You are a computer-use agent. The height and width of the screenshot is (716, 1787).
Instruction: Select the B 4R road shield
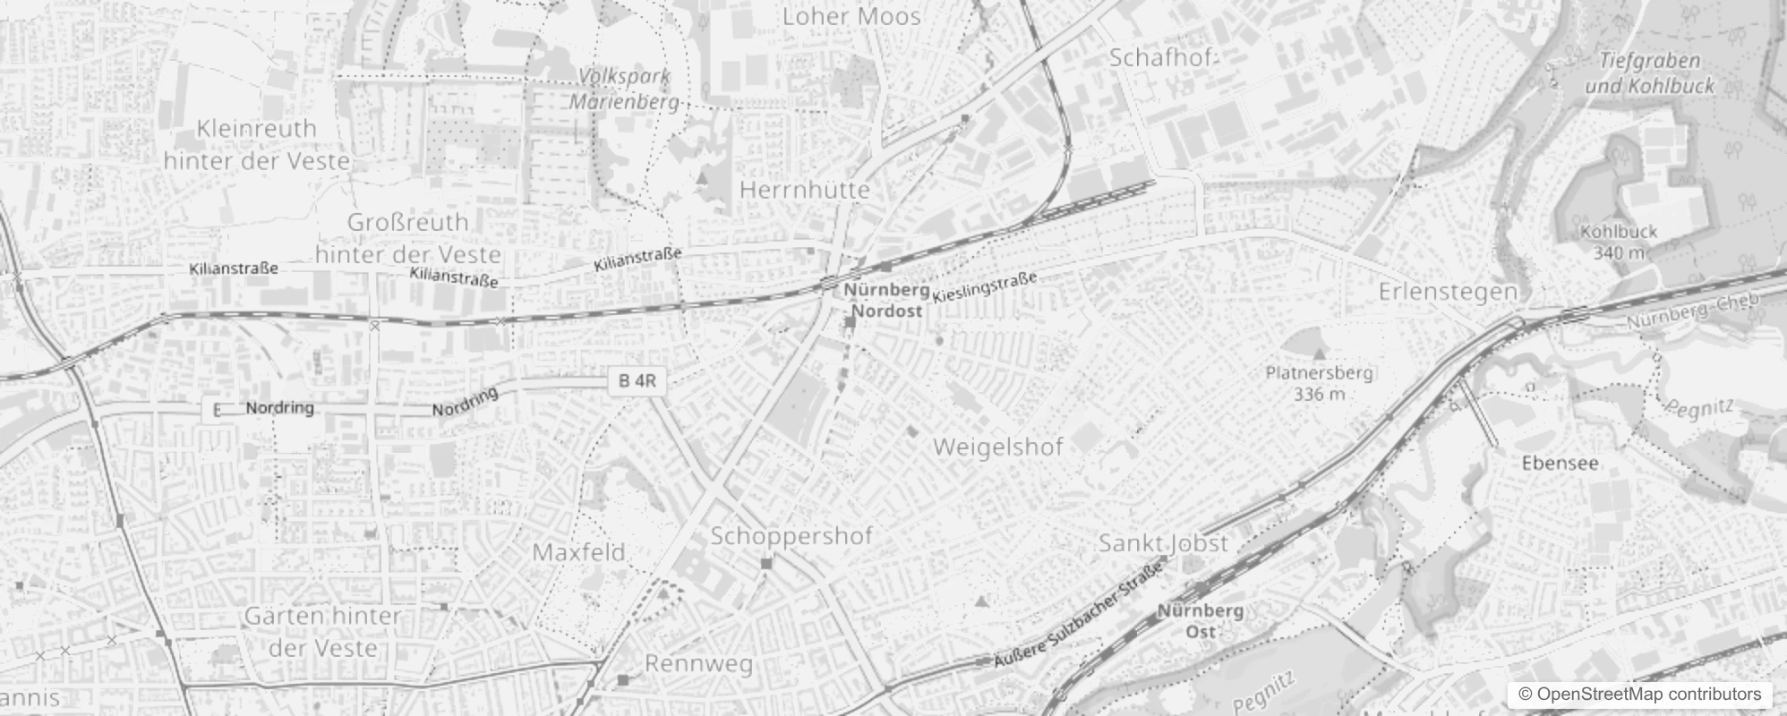637,380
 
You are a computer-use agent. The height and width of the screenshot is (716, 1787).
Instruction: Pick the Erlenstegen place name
1448,291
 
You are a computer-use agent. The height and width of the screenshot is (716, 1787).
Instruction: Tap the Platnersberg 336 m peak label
1319,382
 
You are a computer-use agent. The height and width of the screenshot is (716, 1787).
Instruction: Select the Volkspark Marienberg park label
624,89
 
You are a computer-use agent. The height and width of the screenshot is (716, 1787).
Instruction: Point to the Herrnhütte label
805,190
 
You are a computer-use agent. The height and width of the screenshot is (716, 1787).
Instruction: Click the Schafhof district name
1163,58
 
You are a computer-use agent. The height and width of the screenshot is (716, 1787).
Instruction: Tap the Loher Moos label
851,16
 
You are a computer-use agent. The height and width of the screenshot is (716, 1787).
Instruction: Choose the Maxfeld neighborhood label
578,552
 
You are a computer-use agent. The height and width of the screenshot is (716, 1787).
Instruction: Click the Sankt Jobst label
1163,543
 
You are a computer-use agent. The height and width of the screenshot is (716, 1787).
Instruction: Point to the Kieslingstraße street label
984,286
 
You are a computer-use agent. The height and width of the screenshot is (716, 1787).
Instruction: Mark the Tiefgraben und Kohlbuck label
1649,73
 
